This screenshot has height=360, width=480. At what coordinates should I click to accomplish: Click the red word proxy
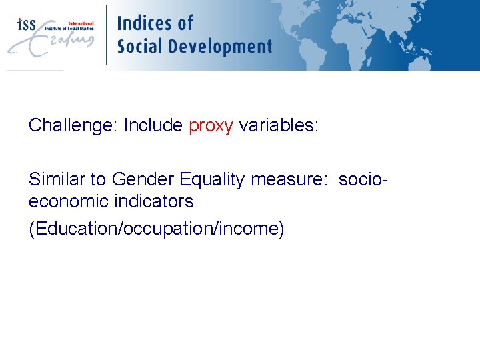click(211, 126)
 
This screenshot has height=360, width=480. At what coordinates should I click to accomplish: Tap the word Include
click(153, 125)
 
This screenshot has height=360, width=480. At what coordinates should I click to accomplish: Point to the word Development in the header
click(221, 47)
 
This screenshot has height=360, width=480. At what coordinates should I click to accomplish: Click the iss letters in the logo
click(26, 24)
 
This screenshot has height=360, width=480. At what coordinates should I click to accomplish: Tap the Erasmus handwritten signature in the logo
click(50, 43)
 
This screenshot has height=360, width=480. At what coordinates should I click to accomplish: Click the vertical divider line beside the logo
click(106, 35)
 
